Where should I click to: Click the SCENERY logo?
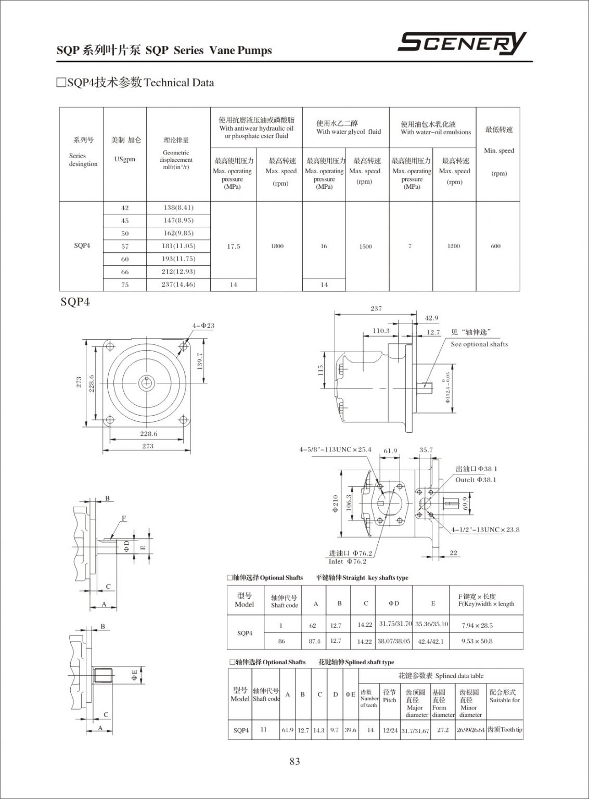coord(462,44)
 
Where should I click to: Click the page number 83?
coord(294,762)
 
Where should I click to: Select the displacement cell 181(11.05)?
coord(178,246)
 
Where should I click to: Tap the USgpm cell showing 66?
coord(125,272)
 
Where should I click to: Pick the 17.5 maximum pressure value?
coord(234,247)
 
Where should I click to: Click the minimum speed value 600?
coord(495,246)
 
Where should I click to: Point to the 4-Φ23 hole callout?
coord(203,326)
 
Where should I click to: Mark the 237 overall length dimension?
coord(376,308)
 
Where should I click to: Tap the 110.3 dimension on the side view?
coord(381,331)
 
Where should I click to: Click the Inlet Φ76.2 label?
coord(348,561)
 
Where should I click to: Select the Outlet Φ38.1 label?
coord(476,480)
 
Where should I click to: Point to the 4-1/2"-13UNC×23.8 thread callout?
coord(485,530)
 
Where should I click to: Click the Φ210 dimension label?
coord(336,503)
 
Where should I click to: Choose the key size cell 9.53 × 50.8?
coord(477,641)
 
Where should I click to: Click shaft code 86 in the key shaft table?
coord(281,641)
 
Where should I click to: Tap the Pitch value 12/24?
coord(390,730)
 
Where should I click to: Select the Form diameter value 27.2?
coord(443,730)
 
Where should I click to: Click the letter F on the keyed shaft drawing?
coord(124,518)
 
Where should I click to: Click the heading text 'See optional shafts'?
coord(479,344)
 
